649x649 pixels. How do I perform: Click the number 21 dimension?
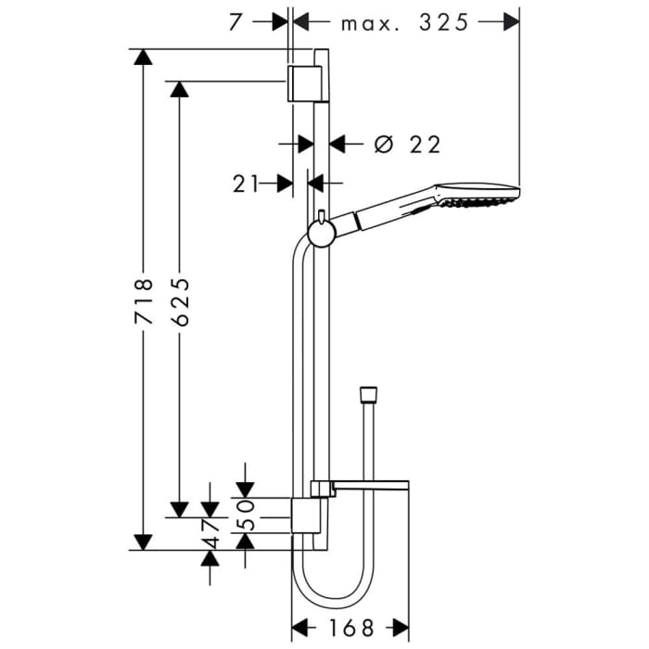point(246,185)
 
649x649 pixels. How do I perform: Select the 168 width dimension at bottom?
point(351,627)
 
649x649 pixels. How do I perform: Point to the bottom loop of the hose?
point(334,593)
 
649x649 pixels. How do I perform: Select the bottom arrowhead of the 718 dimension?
point(142,541)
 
